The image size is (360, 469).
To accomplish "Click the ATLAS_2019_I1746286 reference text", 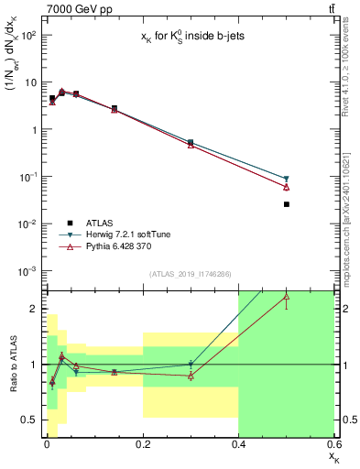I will tap(190, 274).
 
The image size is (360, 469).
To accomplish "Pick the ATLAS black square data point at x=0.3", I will tap(191, 142).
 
